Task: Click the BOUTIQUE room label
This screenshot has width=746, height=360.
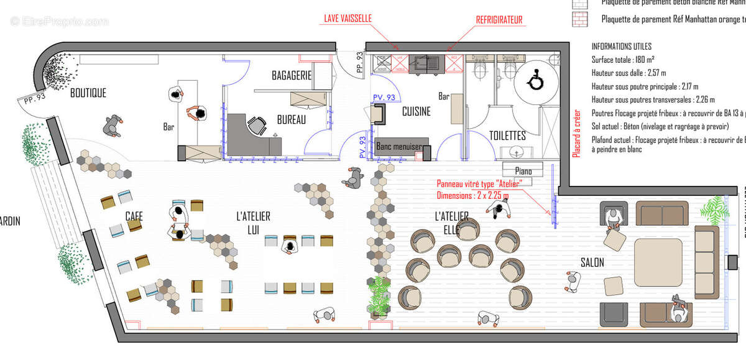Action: [x=88, y=93]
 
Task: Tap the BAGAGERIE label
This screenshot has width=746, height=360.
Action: [x=291, y=75]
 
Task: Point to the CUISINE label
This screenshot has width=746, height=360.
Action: [x=416, y=112]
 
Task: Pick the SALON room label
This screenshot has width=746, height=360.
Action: [x=591, y=263]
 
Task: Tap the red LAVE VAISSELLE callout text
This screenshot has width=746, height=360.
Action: [x=348, y=19]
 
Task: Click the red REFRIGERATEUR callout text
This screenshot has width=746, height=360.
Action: [x=499, y=20]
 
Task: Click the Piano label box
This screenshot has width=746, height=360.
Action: [x=523, y=170]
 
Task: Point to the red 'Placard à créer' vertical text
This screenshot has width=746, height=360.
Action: [x=576, y=134]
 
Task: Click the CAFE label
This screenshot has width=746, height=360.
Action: [x=134, y=216]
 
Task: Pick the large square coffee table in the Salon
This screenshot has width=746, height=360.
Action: [x=659, y=261]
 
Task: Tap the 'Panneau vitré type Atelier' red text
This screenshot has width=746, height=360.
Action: [x=478, y=183]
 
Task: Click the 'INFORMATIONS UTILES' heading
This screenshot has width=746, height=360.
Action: [x=621, y=47]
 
